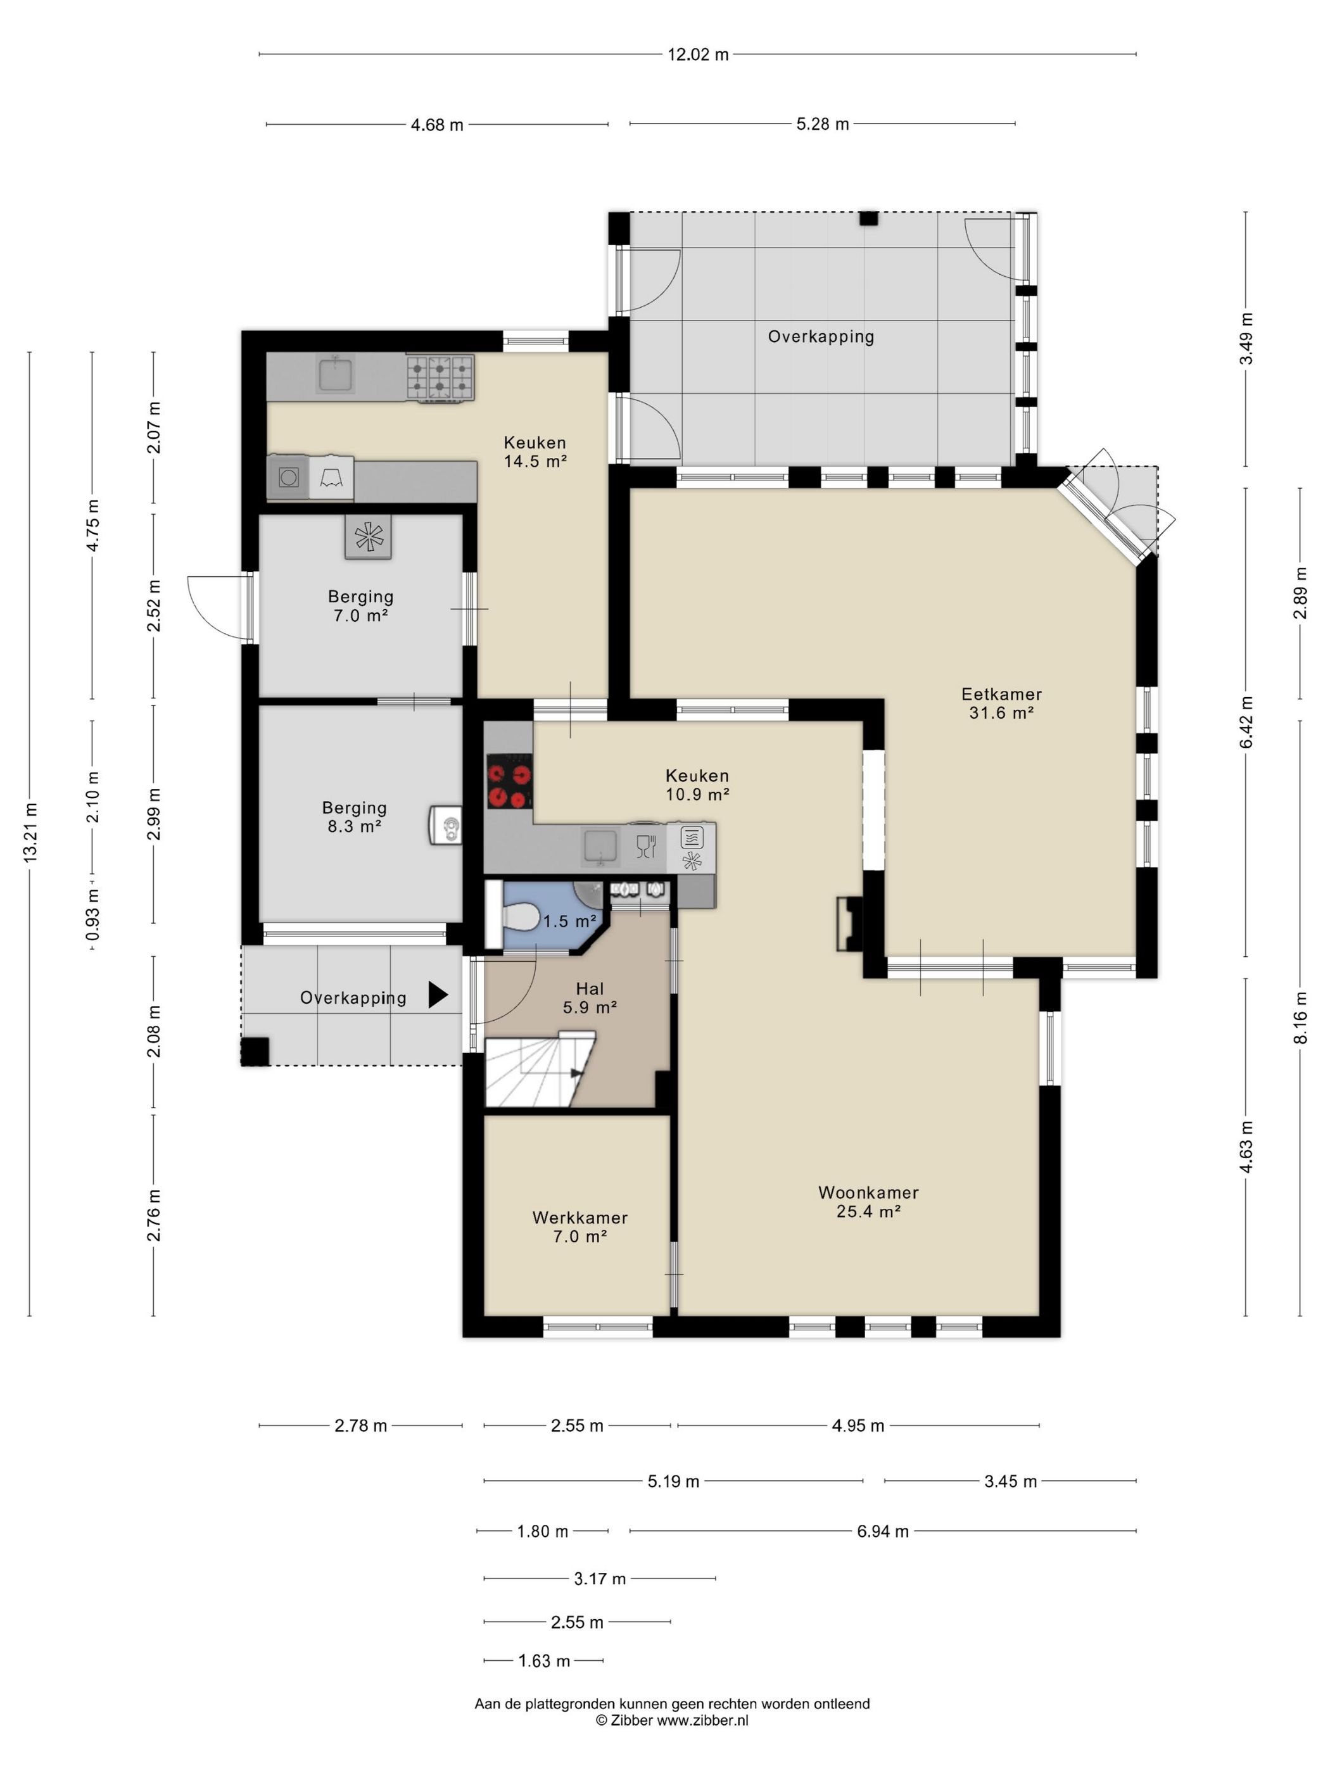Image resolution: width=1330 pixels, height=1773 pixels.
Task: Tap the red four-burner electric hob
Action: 509,780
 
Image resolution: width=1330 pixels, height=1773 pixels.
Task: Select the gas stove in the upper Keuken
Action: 440,378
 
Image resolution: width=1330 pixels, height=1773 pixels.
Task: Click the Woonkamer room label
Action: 868,1201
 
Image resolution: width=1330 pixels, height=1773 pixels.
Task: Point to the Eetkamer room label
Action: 1001,703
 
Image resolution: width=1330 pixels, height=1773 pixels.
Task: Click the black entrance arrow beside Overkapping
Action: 438,994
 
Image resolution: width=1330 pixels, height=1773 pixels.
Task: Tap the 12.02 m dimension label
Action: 699,54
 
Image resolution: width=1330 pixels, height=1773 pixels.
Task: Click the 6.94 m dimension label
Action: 883,1531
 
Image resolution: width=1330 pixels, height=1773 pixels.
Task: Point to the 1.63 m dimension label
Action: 543,1661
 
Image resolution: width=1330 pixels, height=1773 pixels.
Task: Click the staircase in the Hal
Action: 539,1071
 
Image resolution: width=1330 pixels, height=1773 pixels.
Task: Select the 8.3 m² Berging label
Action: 354,817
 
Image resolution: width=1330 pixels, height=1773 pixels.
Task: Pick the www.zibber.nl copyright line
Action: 672,1720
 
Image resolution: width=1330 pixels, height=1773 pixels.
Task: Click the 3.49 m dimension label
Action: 1246,338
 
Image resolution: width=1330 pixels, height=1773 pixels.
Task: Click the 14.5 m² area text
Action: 536,462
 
